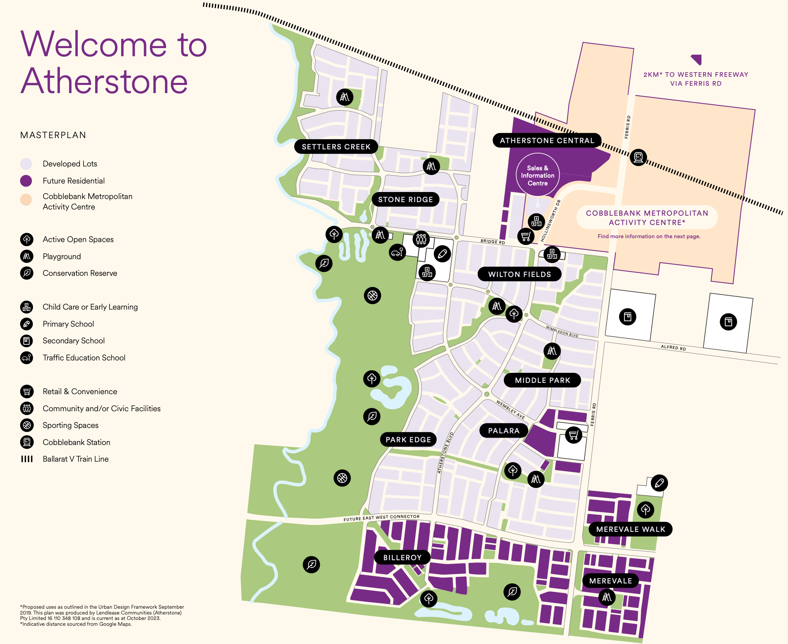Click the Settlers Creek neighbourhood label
coord(336,147)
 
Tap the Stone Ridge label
coord(405,199)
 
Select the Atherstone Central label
coord(547,140)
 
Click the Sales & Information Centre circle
coord(538,175)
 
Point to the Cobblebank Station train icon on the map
coord(638,157)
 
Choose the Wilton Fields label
coord(519,274)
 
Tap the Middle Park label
coord(542,380)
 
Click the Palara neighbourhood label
coord(503,431)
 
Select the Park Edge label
coord(408,440)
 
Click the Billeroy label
coord(402,557)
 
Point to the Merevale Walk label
coord(630,529)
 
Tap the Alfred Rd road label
coord(673,348)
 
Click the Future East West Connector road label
coord(381,518)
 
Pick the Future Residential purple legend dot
coord(26,181)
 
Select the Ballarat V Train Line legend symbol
coord(27,459)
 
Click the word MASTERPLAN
coord(53,135)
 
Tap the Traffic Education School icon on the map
coord(397,253)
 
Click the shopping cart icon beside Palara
coord(573,435)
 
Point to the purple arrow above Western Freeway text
coord(697,59)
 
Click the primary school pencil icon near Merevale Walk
coord(659,483)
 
